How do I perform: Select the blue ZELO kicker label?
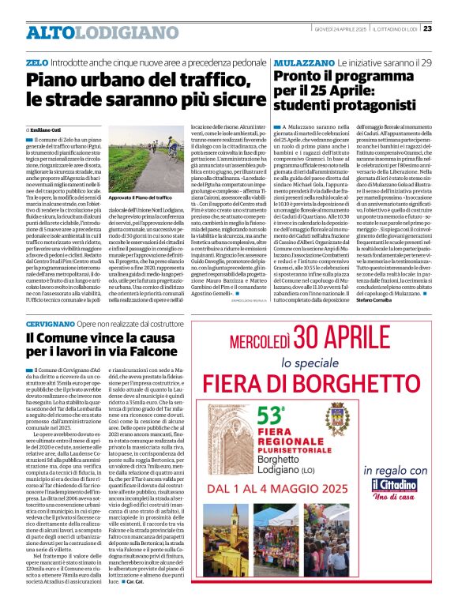click(37, 61)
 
